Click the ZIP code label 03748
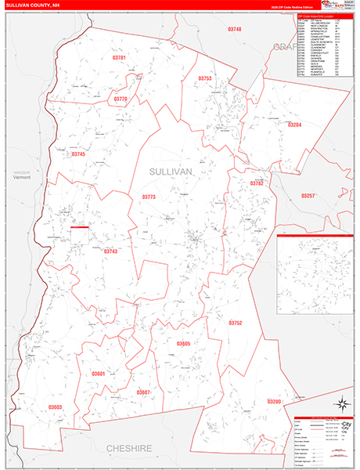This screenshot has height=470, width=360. coord(235,29)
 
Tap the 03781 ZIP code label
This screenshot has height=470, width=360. coord(119,58)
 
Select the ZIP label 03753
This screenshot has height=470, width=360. coord(205,78)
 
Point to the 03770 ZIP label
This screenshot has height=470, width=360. coord(120,99)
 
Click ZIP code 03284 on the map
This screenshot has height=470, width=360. coord(294,125)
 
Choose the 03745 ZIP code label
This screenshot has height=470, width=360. coord(78,154)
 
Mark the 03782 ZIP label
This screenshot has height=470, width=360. coord(257,183)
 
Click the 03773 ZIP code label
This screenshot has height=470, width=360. coord(149,197)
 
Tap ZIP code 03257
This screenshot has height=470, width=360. coord(308,195)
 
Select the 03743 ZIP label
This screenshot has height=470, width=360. coord(110,251)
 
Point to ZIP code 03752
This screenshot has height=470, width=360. coord(236,323)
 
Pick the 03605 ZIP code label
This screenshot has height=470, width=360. coord(183,344)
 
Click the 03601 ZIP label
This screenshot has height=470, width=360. coord(98,374)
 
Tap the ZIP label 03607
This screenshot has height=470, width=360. coord(142,392)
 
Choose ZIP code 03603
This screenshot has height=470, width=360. coord(55,407)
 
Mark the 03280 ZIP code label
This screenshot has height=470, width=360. coord(274,401)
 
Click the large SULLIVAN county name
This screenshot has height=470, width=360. coord(171,171)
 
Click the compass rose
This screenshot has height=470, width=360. coord(341,404)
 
